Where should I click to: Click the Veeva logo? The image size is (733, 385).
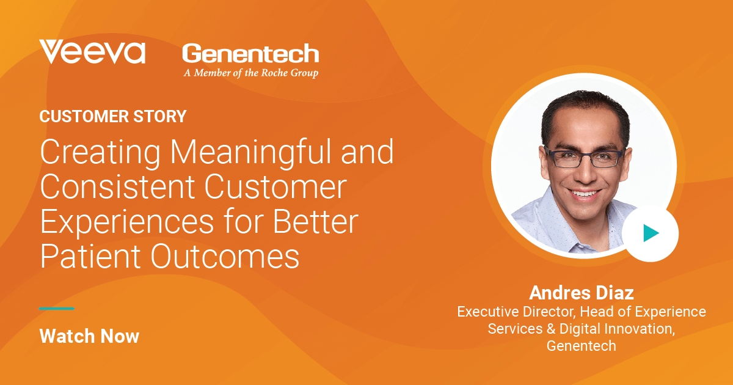click(x=92, y=52)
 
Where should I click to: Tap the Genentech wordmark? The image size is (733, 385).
click(x=250, y=54)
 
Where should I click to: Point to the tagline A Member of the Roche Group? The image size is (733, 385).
click(x=250, y=73)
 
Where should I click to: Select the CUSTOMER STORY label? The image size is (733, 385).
click(x=113, y=116)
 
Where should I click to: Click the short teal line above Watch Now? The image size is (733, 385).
click(x=57, y=309)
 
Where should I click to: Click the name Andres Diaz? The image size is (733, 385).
click(x=581, y=292)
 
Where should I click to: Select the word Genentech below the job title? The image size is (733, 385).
click(x=581, y=345)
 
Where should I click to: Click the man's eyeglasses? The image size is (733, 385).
click(x=585, y=158)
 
